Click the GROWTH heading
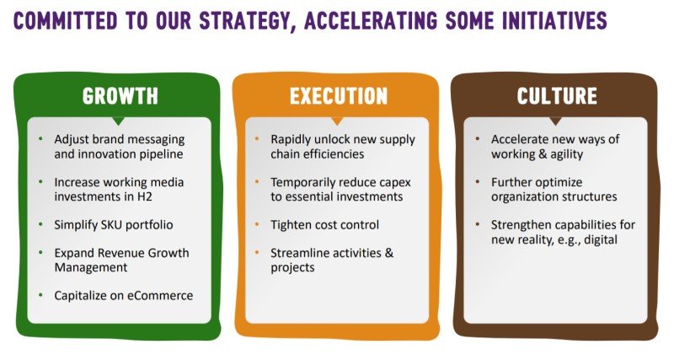(120, 96)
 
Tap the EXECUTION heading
(339, 96)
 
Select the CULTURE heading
(557, 96)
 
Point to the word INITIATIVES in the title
(554, 20)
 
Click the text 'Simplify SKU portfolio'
(114, 225)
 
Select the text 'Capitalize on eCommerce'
(123, 295)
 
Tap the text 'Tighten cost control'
(324, 225)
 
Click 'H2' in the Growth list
(145, 196)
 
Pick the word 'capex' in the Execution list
(394, 183)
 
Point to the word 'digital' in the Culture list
(601, 239)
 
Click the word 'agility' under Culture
(566, 154)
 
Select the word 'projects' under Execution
(292, 268)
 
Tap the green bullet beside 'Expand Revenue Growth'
(40, 252)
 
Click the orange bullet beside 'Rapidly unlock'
(257, 139)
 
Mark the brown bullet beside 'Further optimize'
(478, 182)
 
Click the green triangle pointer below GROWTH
(118, 121)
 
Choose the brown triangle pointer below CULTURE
(555, 121)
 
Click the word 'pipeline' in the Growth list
(161, 154)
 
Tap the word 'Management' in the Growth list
(91, 267)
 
